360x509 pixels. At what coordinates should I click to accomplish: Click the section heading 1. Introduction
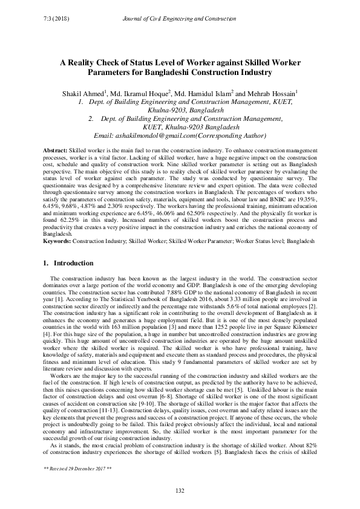(69, 264)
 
